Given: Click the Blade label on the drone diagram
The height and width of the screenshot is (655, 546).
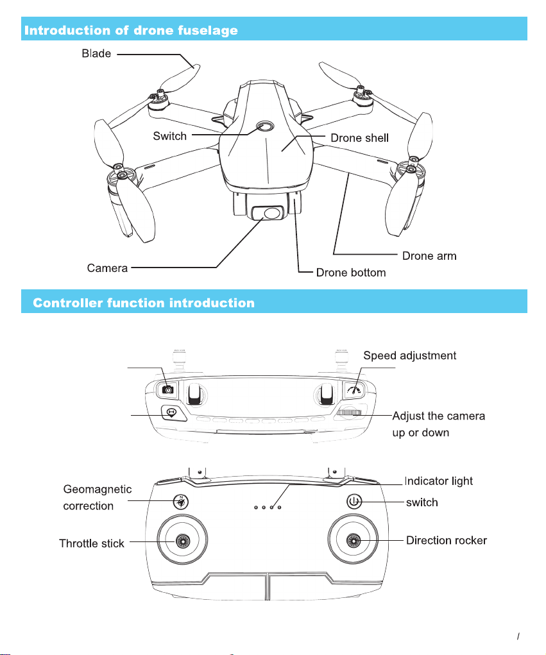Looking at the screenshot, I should (x=96, y=54).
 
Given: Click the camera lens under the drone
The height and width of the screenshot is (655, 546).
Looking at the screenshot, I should (x=273, y=213).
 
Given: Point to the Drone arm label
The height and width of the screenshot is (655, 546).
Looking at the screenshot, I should (x=429, y=256).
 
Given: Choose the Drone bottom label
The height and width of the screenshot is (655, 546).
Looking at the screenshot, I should (x=351, y=273).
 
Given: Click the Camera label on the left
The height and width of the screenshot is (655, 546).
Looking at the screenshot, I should (x=107, y=268).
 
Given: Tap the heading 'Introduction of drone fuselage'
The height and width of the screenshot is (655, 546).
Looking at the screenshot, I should (x=132, y=30).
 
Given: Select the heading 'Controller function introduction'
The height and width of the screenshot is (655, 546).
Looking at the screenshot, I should (x=144, y=302).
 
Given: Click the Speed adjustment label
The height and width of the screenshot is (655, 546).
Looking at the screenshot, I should (x=410, y=355).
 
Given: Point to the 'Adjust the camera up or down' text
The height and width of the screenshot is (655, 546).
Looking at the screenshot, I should (x=438, y=424).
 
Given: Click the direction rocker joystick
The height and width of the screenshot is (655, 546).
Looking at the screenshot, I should (x=353, y=541).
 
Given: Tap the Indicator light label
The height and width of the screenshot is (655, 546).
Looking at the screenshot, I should (x=439, y=481).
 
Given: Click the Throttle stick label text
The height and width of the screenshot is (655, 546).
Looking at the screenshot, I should (x=92, y=544).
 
